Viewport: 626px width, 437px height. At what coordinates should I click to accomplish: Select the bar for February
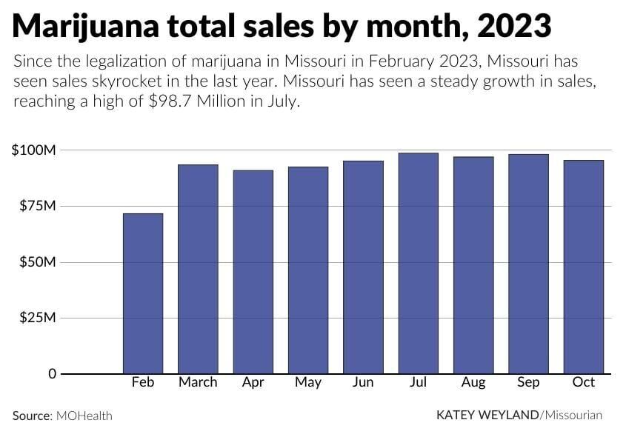pyautogui.click(x=143, y=293)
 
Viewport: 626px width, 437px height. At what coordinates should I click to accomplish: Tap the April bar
pyautogui.click(x=253, y=272)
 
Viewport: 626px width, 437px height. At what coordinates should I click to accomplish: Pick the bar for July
pyautogui.click(x=419, y=263)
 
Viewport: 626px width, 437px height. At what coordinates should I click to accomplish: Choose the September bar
pyautogui.click(x=528, y=264)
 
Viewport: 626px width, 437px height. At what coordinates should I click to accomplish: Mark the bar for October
pyautogui.click(x=583, y=267)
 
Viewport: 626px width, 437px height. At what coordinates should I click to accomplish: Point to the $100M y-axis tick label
pyautogui.click(x=34, y=150)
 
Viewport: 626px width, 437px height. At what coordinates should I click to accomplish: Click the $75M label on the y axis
pyautogui.click(x=37, y=206)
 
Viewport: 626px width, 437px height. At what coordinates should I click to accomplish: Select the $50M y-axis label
pyautogui.click(x=37, y=262)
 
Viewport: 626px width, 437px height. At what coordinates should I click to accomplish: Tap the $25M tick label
pyautogui.click(x=37, y=318)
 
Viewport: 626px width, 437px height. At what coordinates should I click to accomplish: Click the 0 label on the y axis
pyautogui.click(x=53, y=374)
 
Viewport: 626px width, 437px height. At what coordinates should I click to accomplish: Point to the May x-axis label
pyautogui.click(x=308, y=382)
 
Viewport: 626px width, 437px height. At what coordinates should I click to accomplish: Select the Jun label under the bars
pyautogui.click(x=363, y=382)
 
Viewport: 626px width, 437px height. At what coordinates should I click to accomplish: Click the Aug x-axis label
pyautogui.click(x=473, y=382)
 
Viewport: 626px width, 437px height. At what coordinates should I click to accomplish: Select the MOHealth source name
pyautogui.click(x=84, y=416)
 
